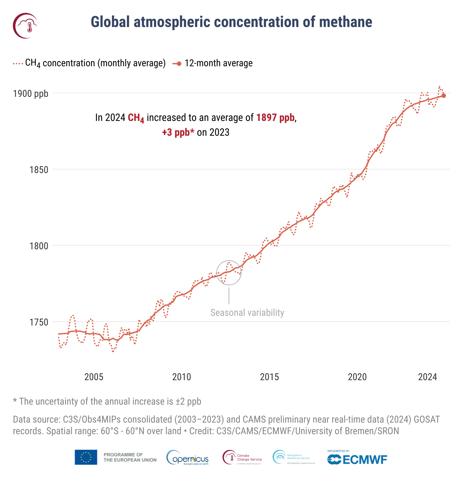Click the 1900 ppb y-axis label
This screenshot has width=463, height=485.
31,94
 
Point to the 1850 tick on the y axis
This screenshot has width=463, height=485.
39,170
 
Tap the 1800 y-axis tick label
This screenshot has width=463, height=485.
39,246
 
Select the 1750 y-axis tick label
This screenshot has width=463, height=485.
39,322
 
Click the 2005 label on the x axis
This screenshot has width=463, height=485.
94,377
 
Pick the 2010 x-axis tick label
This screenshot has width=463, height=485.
182,377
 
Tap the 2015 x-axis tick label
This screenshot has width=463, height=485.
269,377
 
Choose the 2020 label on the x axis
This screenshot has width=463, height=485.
357,377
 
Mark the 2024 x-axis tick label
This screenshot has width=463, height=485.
427,377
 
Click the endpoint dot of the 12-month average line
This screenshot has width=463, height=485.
444,96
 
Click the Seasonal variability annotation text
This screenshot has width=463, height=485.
247,313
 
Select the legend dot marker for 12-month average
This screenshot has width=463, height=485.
179,64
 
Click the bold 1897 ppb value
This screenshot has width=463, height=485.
276,118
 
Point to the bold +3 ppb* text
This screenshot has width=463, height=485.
178,132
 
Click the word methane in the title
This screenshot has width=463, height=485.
346,22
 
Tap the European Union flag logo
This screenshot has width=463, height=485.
86,457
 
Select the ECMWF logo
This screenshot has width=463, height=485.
357,459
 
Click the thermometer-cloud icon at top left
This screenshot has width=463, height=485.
25,25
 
